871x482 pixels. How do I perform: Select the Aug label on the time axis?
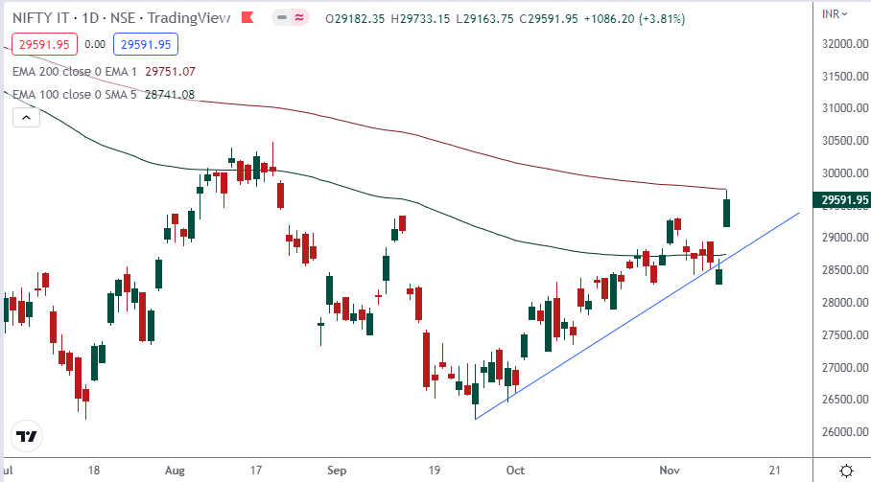pyautogui.click(x=175, y=471)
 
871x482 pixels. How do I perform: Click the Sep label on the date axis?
pyautogui.click(x=336, y=471)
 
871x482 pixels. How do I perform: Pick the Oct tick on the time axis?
pyautogui.click(x=516, y=471)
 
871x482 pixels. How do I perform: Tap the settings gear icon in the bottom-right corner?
pyautogui.click(x=847, y=471)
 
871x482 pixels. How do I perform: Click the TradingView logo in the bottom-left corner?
pyautogui.click(x=28, y=437)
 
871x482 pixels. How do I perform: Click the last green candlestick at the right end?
pyautogui.click(x=727, y=212)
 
